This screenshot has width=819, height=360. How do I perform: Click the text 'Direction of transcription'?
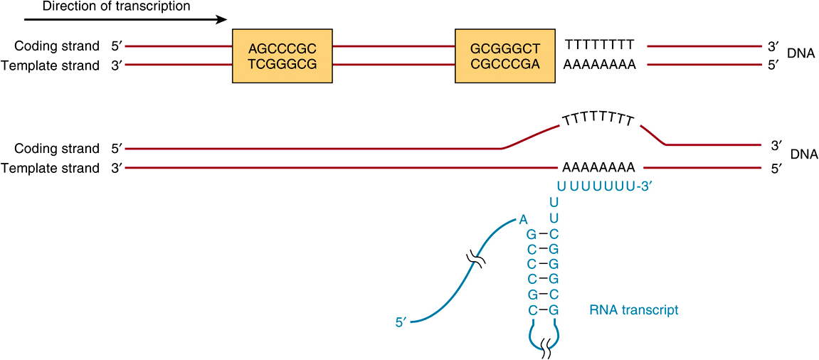[x=117, y=6]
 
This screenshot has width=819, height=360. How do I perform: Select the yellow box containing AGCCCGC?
[x=282, y=56]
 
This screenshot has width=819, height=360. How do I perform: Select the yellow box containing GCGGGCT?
[x=505, y=56]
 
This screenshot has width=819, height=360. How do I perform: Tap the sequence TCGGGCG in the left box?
[x=282, y=65]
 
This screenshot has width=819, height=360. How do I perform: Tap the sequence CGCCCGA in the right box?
[x=505, y=65]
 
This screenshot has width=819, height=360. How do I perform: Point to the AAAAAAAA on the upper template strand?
[x=599, y=65]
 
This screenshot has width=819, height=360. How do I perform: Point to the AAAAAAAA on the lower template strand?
[x=598, y=169]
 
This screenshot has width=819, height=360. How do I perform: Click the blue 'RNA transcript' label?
[x=634, y=310]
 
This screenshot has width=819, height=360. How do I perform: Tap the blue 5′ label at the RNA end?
[x=400, y=322]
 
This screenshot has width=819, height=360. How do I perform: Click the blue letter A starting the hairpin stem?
[x=523, y=220]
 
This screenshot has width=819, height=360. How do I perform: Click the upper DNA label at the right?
[x=801, y=54]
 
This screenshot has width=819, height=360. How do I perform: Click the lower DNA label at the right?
[x=804, y=154]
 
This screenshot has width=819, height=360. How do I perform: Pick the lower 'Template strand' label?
[x=51, y=169]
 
